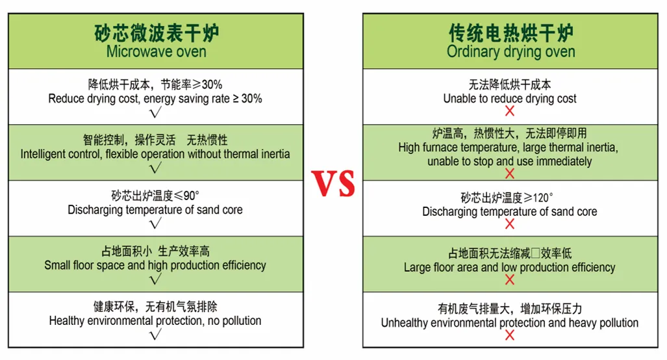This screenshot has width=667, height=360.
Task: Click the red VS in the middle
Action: point(333,183)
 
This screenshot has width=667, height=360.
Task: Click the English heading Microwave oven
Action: point(156,52)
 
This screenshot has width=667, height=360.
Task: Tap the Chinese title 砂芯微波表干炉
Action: point(156,33)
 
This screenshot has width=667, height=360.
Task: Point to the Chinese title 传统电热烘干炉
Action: point(511,33)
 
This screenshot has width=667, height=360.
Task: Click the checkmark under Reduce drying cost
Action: point(156,112)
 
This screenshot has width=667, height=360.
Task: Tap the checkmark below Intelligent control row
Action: point(156,168)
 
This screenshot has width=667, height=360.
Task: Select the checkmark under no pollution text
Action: point(156,335)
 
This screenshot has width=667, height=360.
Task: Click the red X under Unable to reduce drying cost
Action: point(510,111)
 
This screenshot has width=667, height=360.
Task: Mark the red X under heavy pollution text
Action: point(510,335)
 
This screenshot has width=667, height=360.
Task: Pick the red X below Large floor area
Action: point(510,279)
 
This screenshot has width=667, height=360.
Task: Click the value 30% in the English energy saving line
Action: point(252,99)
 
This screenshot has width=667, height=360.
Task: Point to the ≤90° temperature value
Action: point(186,196)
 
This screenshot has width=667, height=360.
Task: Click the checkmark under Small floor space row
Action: point(156,279)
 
